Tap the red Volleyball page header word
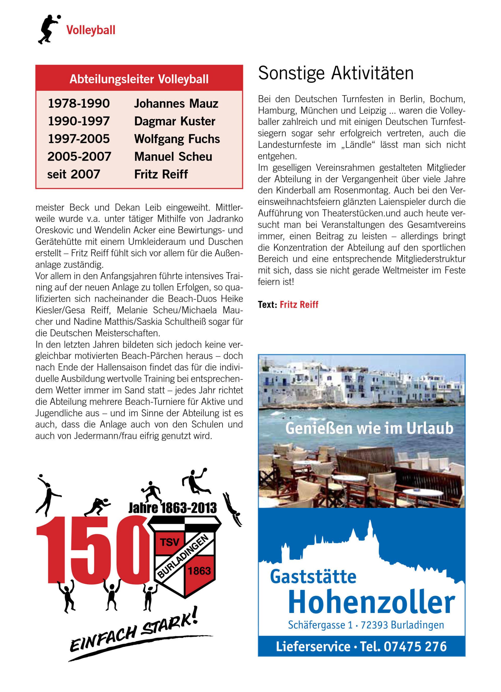(x=91, y=31)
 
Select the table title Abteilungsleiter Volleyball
(x=139, y=79)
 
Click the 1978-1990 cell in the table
(x=79, y=104)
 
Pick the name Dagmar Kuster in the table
(x=175, y=122)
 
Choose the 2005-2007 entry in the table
(x=79, y=157)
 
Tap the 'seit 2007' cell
(x=74, y=174)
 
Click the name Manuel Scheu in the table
(x=173, y=157)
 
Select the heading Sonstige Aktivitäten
(x=336, y=74)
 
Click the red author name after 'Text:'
(x=299, y=305)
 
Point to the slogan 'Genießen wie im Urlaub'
(x=369, y=428)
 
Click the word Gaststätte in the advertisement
(x=313, y=577)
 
